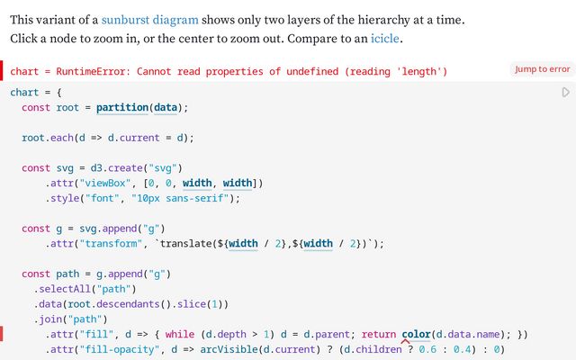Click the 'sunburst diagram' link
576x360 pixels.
(x=149, y=19)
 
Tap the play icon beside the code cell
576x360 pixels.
(x=565, y=93)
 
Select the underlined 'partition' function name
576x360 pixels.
(x=122, y=108)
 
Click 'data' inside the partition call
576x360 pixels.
(x=166, y=108)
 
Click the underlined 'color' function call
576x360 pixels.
(x=416, y=335)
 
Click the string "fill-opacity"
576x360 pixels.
(x=122, y=350)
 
